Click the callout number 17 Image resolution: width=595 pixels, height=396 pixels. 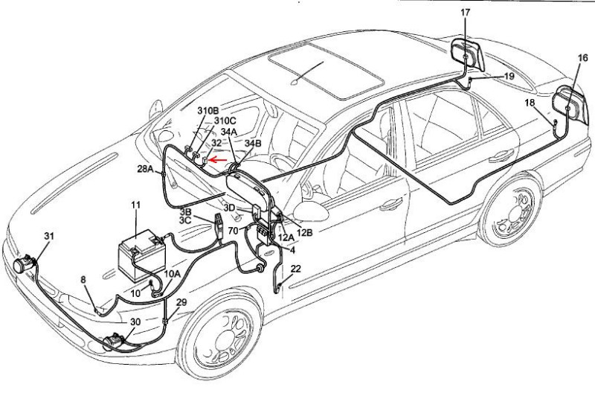(x=466, y=13)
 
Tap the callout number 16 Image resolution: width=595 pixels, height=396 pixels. (x=582, y=57)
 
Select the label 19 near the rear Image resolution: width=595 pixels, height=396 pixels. (x=509, y=76)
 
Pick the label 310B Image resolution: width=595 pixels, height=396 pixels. (x=208, y=110)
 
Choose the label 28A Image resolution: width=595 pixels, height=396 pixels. (x=145, y=170)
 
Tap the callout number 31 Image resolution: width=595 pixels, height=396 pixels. (x=49, y=236)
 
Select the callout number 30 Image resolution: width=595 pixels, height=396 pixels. (x=135, y=322)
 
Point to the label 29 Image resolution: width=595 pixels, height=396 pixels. (x=181, y=304)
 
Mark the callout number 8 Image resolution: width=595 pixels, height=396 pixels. (x=83, y=280)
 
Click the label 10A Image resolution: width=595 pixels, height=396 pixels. (x=172, y=274)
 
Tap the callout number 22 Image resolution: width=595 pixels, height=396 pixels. (x=295, y=269)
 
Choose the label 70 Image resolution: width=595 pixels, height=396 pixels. (x=234, y=231)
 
